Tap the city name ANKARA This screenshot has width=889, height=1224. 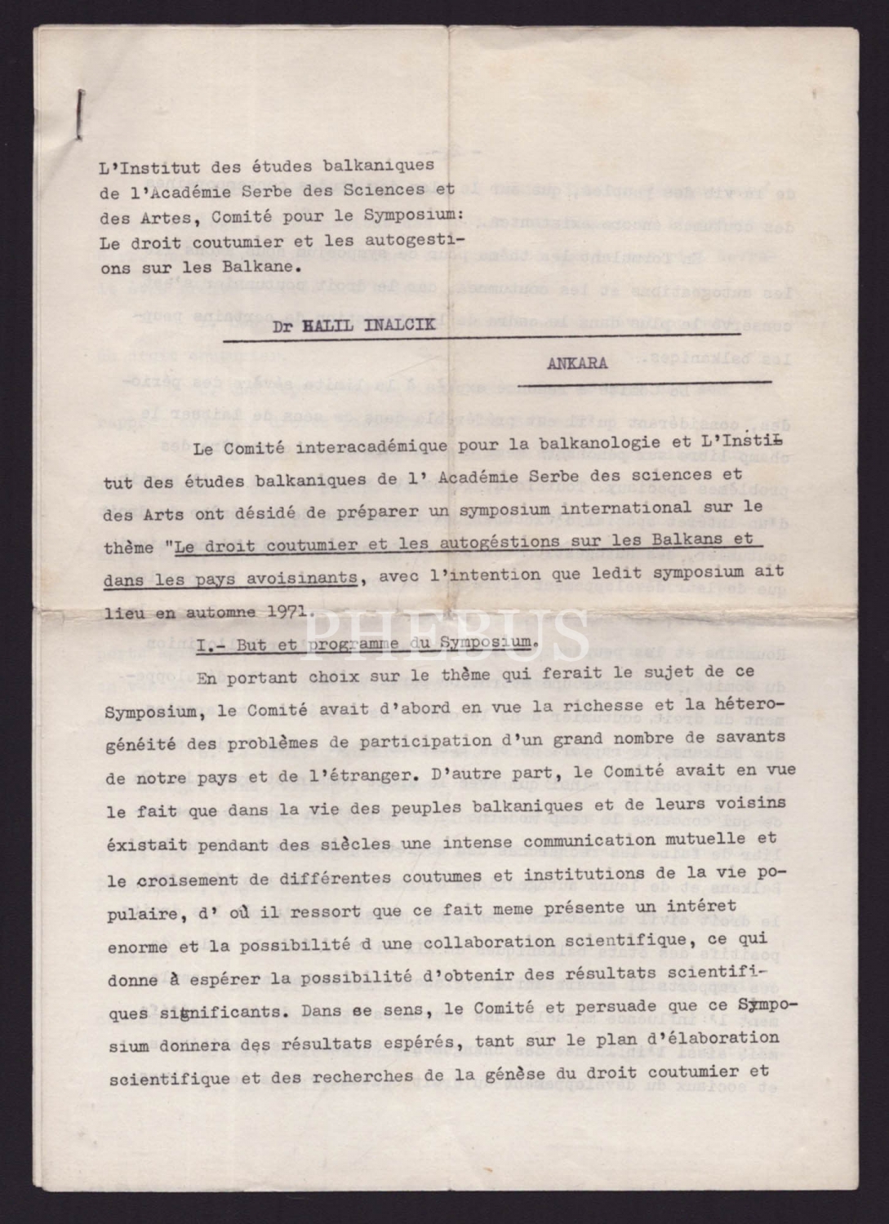576,364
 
